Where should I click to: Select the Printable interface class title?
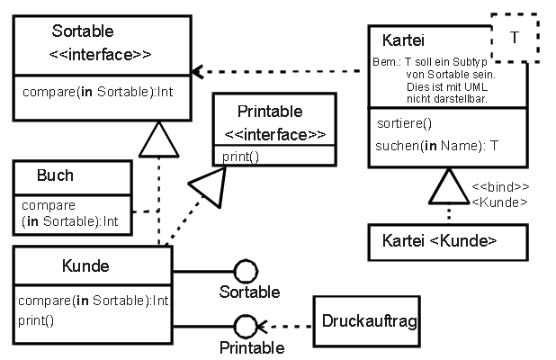pos(270,112)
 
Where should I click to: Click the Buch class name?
pos(56,175)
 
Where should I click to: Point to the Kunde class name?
pos(85,265)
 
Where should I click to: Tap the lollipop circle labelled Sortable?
pos(245,270)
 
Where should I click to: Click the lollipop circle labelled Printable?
pos(245,327)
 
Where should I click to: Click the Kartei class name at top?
pos(403,40)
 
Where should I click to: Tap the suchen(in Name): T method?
pos(436,145)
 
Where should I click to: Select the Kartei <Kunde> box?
pos(440,240)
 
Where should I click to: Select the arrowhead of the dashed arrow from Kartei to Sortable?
pos(198,71)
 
